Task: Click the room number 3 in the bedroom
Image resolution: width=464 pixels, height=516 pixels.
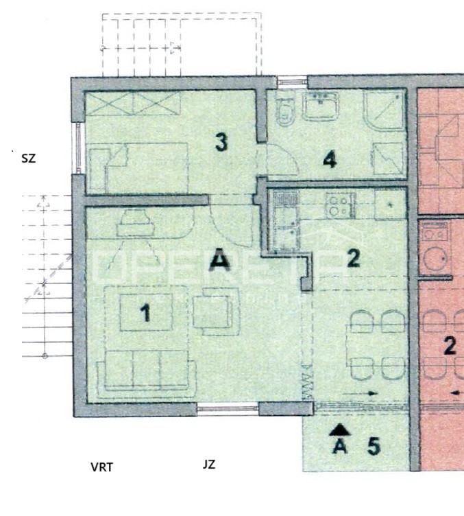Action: coord(221,143)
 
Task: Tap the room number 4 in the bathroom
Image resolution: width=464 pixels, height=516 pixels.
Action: coord(330,161)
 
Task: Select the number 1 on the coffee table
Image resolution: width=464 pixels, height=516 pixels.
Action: coord(145,313)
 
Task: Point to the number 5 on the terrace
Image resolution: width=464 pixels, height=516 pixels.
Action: coord(374,446)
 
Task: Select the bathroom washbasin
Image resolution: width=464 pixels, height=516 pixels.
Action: coord(321,106)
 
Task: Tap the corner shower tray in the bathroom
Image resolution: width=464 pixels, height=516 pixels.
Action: coord(386,110)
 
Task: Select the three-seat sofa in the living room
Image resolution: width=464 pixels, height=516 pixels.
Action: coord(143,369)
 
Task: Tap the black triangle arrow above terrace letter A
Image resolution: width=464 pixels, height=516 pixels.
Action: coord(340,430)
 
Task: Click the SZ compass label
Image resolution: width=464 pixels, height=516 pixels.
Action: coord(28,158)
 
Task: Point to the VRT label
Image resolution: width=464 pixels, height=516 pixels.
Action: coord(101,467)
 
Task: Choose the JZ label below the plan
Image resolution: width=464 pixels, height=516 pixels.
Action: coord(209,465)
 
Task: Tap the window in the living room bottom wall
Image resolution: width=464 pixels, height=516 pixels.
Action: coord(228,409)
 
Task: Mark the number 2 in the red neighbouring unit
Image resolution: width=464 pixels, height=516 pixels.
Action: coord(450,345)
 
